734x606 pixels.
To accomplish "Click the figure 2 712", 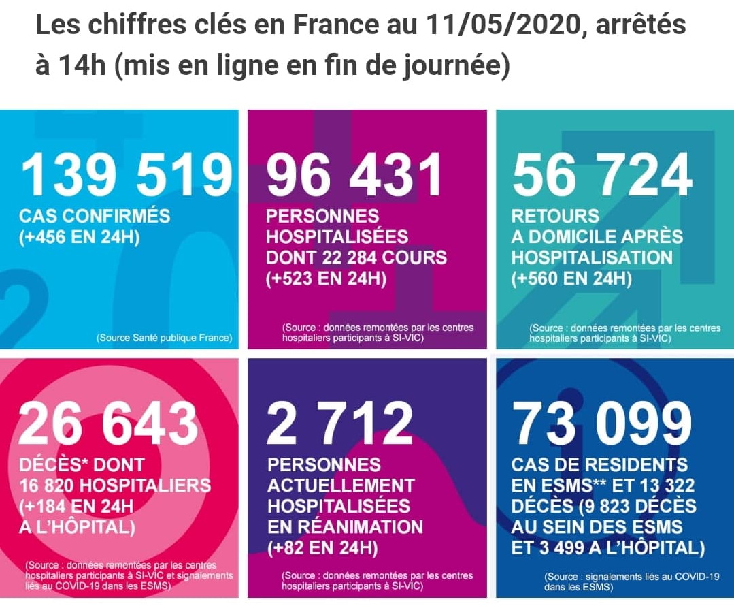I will (339, 423).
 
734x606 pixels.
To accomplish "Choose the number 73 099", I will (602, 423).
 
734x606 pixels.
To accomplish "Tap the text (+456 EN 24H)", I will (80, 238).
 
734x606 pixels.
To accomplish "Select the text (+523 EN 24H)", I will (326, 279).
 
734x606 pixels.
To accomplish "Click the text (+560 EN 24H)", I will (571, 279).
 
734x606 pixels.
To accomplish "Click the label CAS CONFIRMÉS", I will (95, 217).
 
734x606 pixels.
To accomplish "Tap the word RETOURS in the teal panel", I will (555, 217).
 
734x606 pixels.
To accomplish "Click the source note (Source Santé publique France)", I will (164, 337).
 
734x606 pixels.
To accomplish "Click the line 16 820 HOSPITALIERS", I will (115, 485).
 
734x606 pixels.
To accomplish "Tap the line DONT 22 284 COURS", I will (356, 258).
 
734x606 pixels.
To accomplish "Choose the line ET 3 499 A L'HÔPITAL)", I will (608, 547).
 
